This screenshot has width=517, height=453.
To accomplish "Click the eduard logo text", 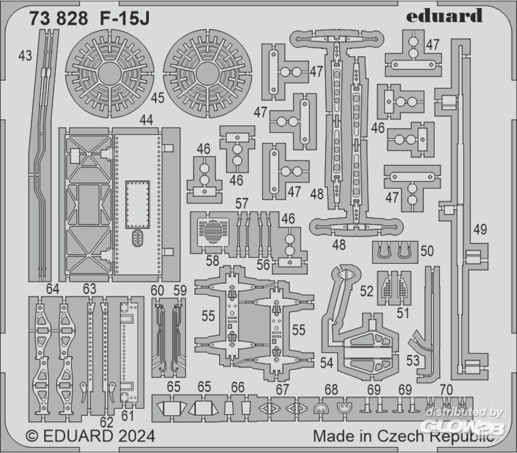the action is pyautogui.click(x=445, y=16).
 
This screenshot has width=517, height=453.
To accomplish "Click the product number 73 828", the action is pyautogui.click(x=59, y=19).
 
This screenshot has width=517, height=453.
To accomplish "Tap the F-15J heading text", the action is pyautogui.click(x=124, y=19).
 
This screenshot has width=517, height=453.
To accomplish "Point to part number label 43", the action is pyautogui.click(x=25, y=55).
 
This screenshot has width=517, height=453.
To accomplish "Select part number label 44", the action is pyautogui.click(x=146, y=120).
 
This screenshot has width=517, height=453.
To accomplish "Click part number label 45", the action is pyautogui.click(x=158, y=98).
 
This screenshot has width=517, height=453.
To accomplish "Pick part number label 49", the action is pyautogui.click(x=480, y=229).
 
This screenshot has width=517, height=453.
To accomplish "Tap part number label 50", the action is pyautogui.click(x=427, y=251).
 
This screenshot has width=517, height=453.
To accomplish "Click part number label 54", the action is pyautogui.click(x=327, y=363).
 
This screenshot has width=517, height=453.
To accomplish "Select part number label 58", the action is pyautogui.click(x=212, y=261).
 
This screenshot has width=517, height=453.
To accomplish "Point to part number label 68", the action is pyautogui.click(x=331, y=390).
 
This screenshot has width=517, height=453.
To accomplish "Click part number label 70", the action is pyautogui.click(x=446, y=390).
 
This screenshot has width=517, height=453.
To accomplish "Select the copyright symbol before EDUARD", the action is pyautogui.click(x=32, y=436).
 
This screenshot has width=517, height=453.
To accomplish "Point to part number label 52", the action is pyautogui.click(x=367, y=291).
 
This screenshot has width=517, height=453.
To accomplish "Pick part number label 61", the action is pyautogui.click(x=127, y=416).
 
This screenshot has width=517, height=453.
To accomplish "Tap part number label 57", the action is pyautogui.click(x=241, y=203).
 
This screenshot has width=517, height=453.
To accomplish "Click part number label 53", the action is pyautogui.click(x=413, y=360).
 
